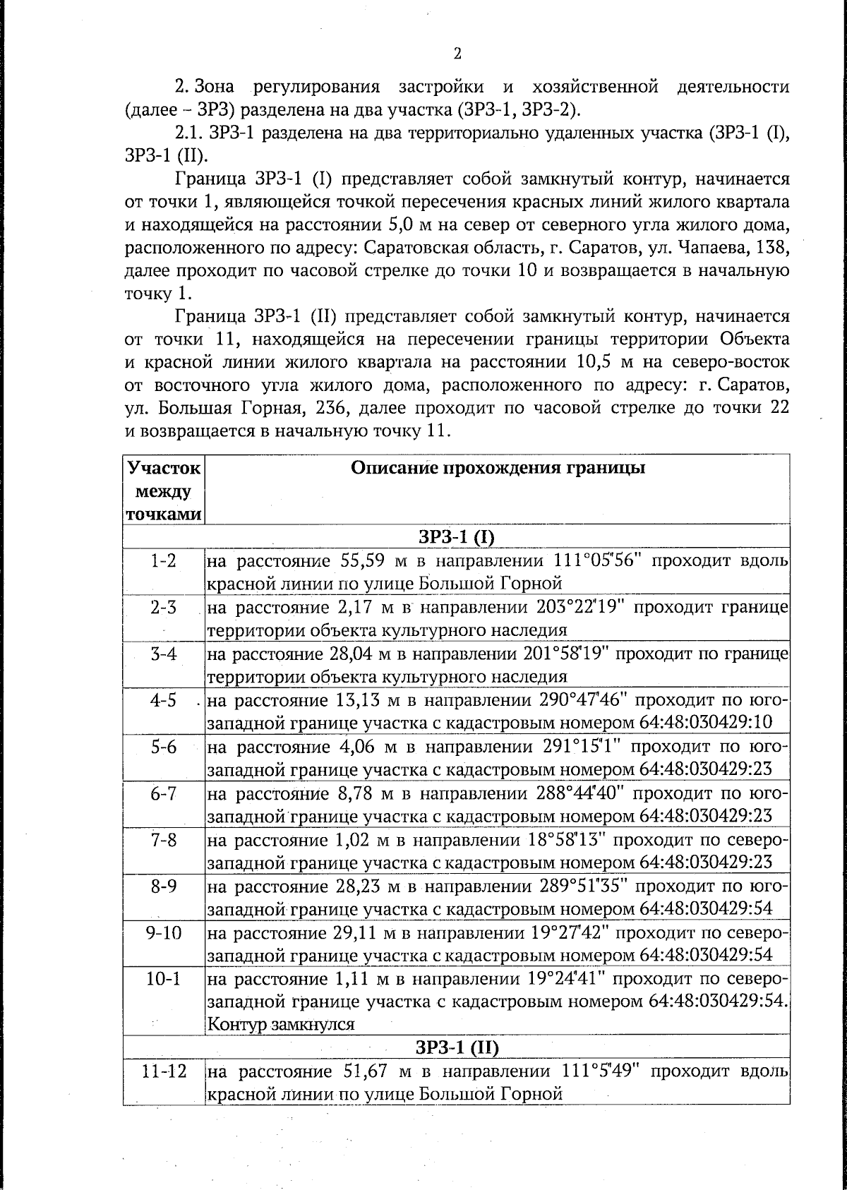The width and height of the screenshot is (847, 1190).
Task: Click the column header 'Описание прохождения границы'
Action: click(x=498, y=468)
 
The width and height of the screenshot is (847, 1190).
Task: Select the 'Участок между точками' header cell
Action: click(x=164, y=491)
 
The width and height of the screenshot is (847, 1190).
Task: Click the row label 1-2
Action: click(x=164, y=562)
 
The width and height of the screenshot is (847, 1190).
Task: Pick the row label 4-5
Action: click(x=164, y=701)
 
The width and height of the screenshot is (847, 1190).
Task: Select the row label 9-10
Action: click(x=164, y=933)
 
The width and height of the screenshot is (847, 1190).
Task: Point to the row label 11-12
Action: click(x=164, y=1071)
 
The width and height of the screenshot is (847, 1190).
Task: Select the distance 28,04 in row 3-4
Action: click(x=349, y=654)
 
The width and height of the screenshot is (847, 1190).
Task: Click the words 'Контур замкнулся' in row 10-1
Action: click(x=281, y=1023)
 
